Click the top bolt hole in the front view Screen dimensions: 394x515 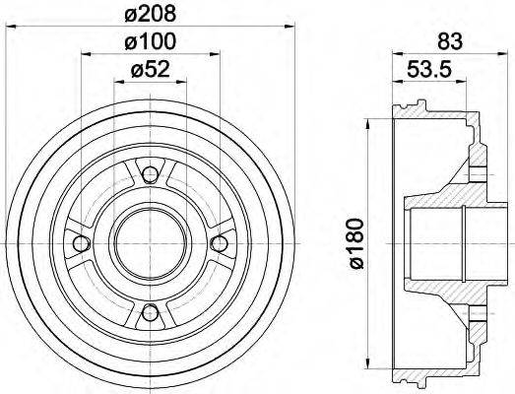pyautogui.click(x=149, y=175)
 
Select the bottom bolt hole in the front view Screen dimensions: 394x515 pyautogui.click(x=149, y=313)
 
